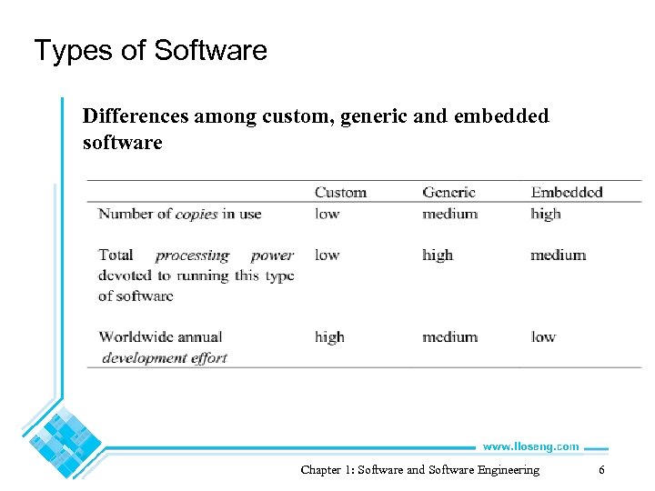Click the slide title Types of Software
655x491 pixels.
click(x=150, y=50)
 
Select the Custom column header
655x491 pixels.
click(x=340, y=192)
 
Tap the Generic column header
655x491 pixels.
click(x=448, y=192)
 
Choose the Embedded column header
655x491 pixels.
click(x=567, y=192)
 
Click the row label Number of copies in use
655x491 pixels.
click(x=179, y=214)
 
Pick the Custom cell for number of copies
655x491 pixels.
click(x=327, y=214)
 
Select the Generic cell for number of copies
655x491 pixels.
click(x=449, y=214)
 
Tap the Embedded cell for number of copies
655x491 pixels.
click(x=546, y=214)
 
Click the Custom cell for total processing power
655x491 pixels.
click(x=327, y=255)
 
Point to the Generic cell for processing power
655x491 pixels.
click(x=438, y=255)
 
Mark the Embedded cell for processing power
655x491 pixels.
click(x=558, y=255)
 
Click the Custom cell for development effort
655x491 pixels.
click(x=329, y=336)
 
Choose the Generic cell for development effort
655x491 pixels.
click(x=449, y=336)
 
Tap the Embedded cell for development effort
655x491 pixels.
click(x=543, y=336)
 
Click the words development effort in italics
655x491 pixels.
click(x=165, y=357)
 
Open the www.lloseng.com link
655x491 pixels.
click(x=530, y=446)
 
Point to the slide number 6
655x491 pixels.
click(x=601, y=470)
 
